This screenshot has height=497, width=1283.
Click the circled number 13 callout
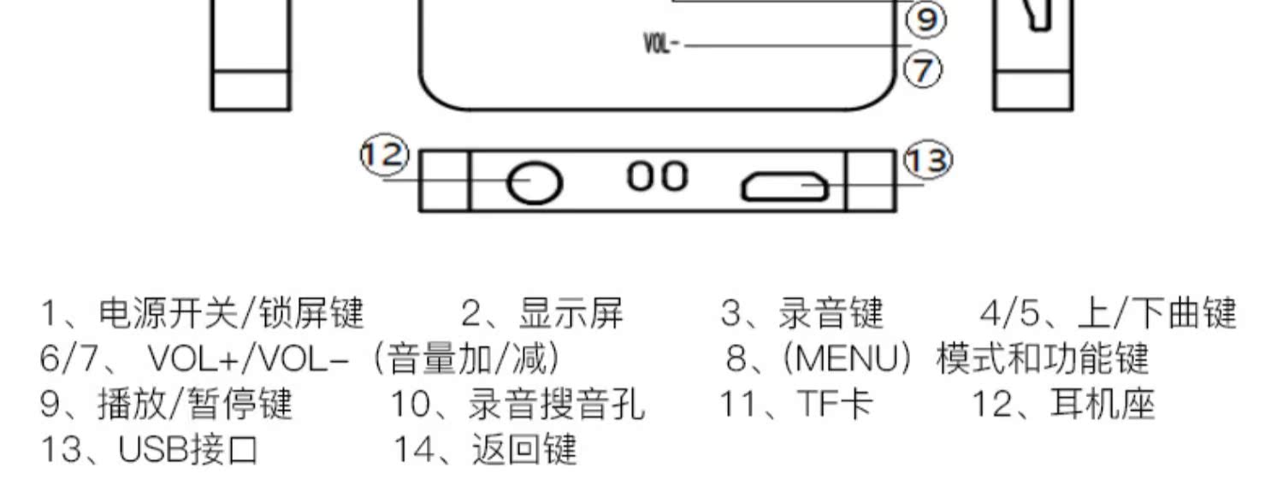[928, 161]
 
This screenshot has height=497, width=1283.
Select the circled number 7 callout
[923, 68]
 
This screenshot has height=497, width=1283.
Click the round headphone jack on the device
[534, 183]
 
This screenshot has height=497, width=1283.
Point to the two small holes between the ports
[657, 177]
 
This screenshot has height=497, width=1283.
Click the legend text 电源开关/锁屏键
[231, 314]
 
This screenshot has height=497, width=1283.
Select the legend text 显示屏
[571, 314]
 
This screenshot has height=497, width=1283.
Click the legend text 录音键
[830, 314]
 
